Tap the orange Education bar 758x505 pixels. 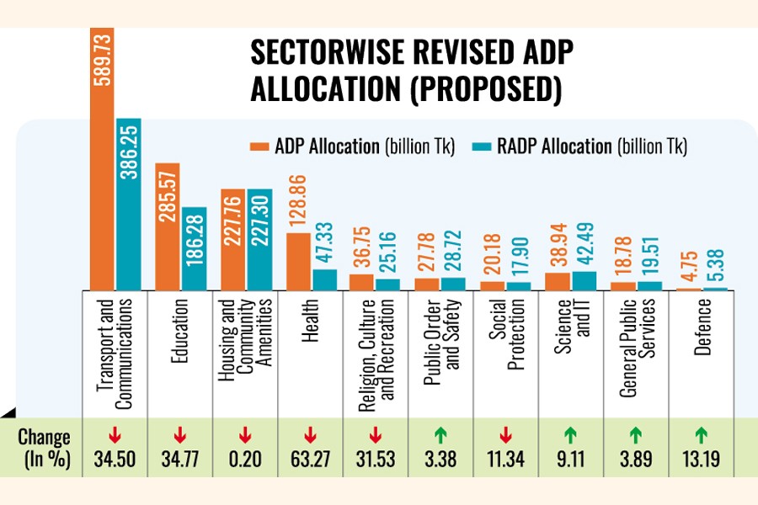[x=167, y=226]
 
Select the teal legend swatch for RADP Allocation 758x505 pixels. [x=480, y=146]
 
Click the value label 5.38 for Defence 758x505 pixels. [x=719, y=268]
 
